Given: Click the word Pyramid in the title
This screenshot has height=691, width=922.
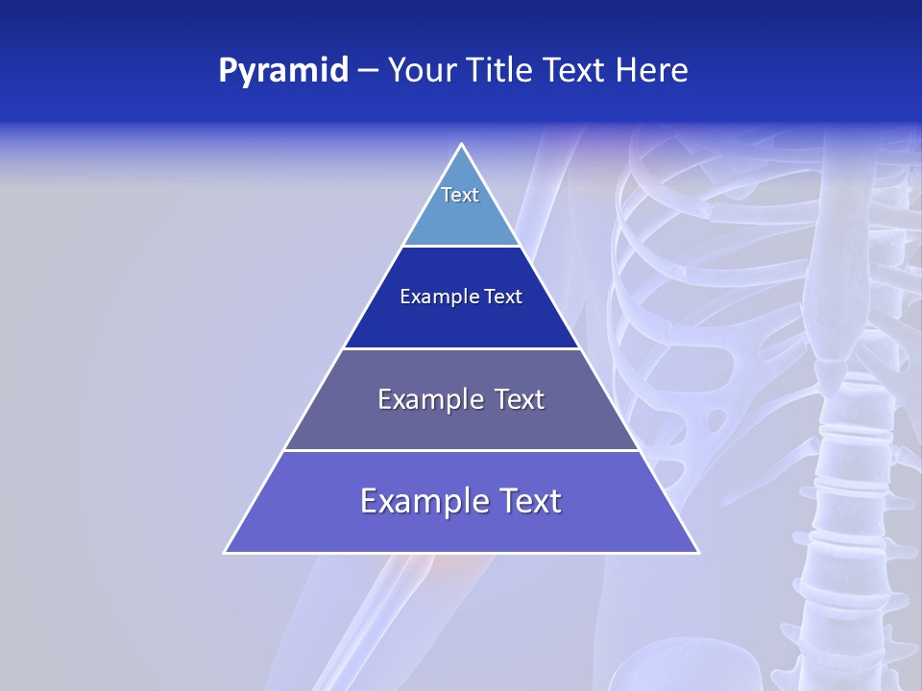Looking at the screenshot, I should click(x=283, y=70).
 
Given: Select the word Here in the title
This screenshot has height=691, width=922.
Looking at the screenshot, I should click(x=652, y=70).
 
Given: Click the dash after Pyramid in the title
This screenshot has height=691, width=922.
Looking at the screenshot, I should click(x=368, y=70).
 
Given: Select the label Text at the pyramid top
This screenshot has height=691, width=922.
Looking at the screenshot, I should click(x=460, y=195).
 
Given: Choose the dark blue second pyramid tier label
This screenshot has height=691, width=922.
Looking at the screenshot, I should click(x=461, y=297).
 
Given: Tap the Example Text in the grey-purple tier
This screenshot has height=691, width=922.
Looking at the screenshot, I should click(x=461, y=399).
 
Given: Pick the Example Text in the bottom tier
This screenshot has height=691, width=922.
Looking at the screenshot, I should click(x=461, y=501).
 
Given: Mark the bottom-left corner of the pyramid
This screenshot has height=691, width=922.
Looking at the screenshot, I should click(x=226, y=552).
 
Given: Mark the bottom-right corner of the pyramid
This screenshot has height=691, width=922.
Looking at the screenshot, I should click(x=697, y=552).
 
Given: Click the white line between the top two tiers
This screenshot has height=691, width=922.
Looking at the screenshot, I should click(x=461, y=246).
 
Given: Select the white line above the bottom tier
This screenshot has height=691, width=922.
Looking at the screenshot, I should click(x=461, y=450).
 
